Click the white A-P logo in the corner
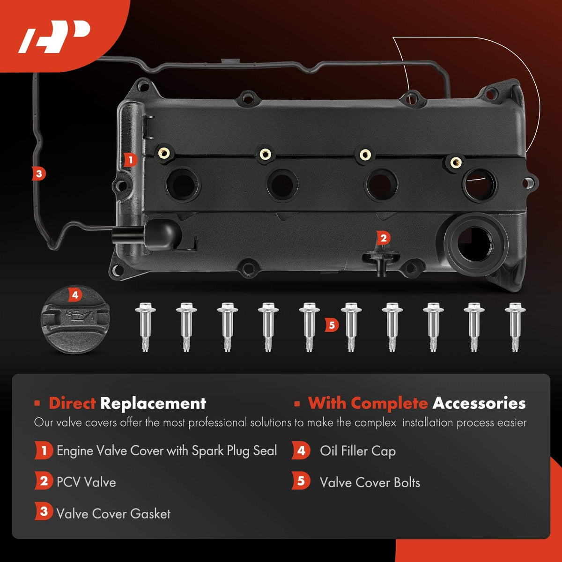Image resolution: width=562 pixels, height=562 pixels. tap(54, 37)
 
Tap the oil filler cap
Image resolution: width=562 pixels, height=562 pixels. tap(75, 320)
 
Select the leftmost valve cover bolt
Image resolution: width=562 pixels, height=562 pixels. tap(145, 326)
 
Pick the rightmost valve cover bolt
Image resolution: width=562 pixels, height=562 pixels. tap(515, 326)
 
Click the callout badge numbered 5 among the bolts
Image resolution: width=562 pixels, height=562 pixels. tap(332, 325)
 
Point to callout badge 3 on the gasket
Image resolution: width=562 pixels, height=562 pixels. tap(39, 174)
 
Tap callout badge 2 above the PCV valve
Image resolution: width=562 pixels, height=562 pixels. tap(383, 238)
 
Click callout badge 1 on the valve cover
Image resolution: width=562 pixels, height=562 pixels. tap(130, 160)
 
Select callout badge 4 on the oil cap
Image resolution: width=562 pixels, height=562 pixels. tap(75, 295)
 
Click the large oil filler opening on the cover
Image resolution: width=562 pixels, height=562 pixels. tap(476, 244)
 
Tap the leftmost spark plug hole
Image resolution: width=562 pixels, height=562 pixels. tap(183, 185)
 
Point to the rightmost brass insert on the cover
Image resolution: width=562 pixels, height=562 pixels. tap(456, 162)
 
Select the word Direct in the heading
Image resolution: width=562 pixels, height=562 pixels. tap(72, 403)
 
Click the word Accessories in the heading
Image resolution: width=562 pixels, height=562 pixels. tap(479, 403)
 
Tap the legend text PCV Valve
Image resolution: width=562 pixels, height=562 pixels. tap(86, 482)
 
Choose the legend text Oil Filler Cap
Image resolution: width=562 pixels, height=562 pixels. tap(357, 451)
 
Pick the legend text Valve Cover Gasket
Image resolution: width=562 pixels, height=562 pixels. tap(113, 514)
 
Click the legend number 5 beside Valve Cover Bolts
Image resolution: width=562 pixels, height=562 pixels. tap(301, 481)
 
